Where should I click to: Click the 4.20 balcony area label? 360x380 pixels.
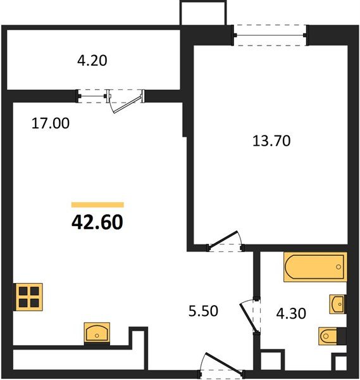[92, 61]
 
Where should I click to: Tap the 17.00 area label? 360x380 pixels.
[51, 123]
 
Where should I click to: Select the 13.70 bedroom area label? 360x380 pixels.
[271, 141]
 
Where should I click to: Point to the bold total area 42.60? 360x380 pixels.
[97, 222]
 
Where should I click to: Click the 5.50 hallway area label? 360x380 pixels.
[203, 311]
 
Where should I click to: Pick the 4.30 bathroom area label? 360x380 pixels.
[291, 313]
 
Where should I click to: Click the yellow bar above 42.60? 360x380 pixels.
[97, 205]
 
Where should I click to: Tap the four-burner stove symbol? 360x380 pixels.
[29, 297]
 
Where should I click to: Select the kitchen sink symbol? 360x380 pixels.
[97, 332]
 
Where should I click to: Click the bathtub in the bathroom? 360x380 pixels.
[315, 267]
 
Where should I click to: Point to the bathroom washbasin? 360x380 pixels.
[337, 304]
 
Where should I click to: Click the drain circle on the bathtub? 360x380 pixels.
[338, 267]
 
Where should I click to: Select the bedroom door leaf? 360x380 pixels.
[223, 240]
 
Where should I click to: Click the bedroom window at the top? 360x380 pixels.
[270, 35]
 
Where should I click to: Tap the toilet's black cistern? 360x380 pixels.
[341, 336]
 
